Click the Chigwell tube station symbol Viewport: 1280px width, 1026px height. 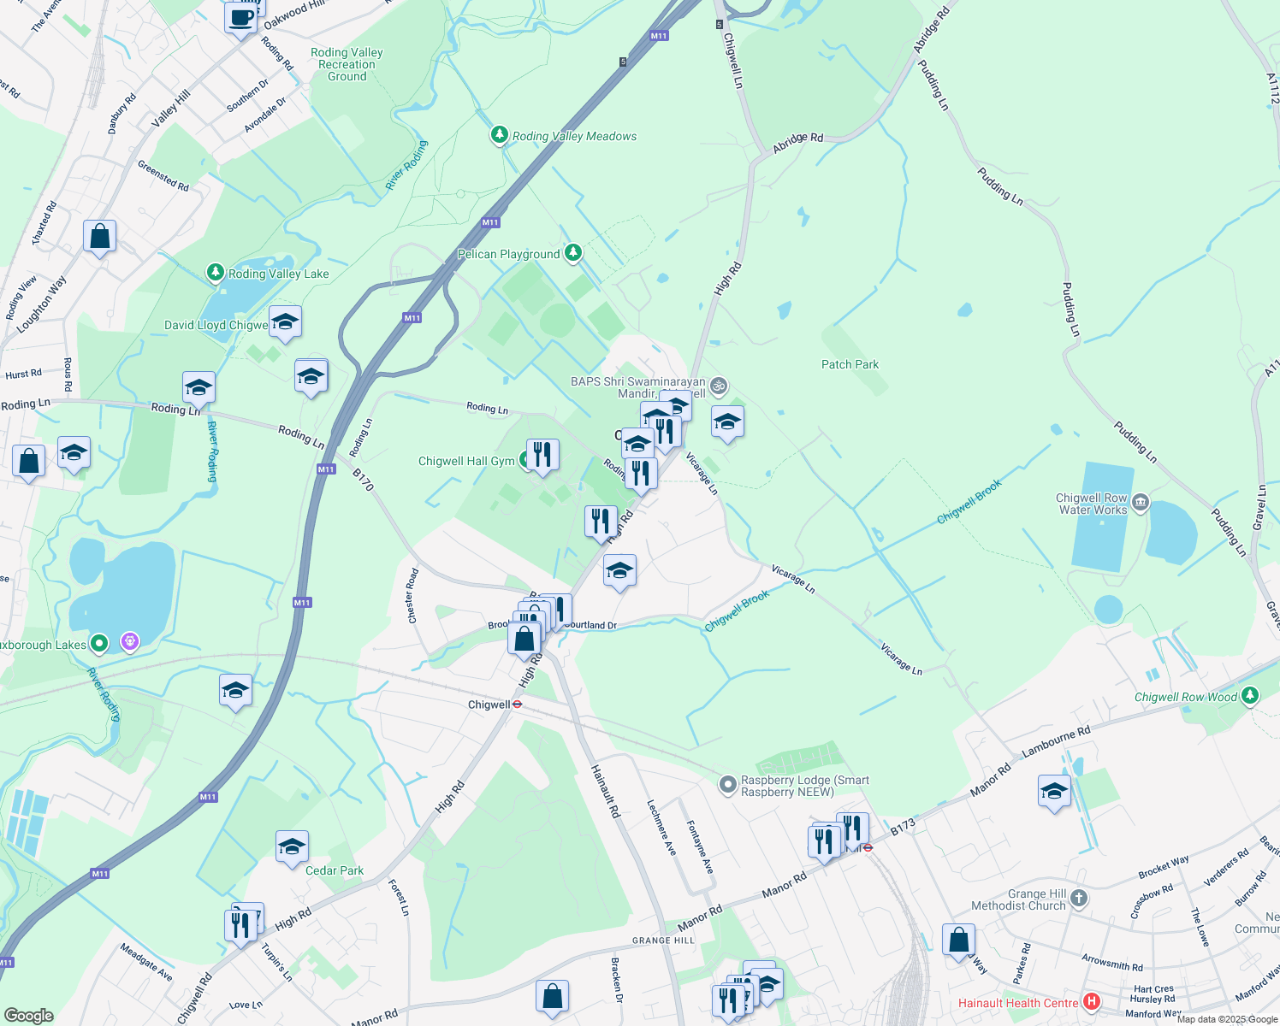point(517,705)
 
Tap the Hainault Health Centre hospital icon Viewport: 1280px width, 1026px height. point(1091,1002)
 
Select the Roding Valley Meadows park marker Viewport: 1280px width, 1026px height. point(499,135)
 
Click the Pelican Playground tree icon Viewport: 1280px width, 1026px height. point(573,253)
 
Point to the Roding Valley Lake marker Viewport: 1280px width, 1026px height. point(216,273)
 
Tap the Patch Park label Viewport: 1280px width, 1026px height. point(850,364)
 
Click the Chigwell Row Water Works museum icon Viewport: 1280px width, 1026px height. point(1140,503)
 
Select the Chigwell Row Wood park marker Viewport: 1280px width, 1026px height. point(1250,696)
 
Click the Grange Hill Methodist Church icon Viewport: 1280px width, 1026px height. point(1079,898)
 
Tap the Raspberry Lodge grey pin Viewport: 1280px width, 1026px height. point(727,784)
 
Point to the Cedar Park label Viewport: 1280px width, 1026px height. point(335,870)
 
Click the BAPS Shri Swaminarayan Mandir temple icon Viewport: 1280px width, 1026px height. point(720,386)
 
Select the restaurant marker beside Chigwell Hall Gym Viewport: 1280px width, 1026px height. point(542,455)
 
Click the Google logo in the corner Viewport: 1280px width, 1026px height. point(28,1015)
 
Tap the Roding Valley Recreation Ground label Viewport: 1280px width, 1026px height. point(347,64)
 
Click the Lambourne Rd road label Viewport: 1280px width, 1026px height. point(1056,743)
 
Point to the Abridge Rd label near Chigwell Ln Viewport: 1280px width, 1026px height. point(797,143)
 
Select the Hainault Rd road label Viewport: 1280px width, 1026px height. point(605,791)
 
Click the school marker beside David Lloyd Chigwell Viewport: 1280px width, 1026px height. point(285,322)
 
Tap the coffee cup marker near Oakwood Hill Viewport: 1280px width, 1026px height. point(241,17)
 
